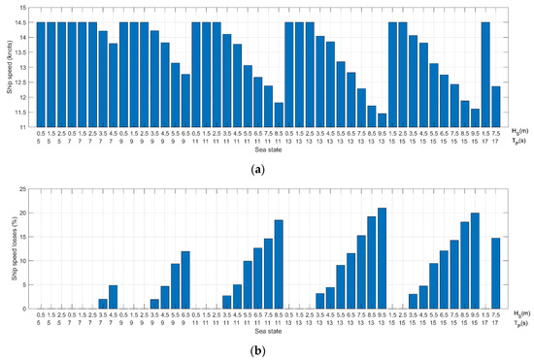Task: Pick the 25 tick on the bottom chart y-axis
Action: tap(27, 188)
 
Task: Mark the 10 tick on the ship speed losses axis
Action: tap(27, 260)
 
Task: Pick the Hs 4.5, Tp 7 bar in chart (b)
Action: tap(114, 297)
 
